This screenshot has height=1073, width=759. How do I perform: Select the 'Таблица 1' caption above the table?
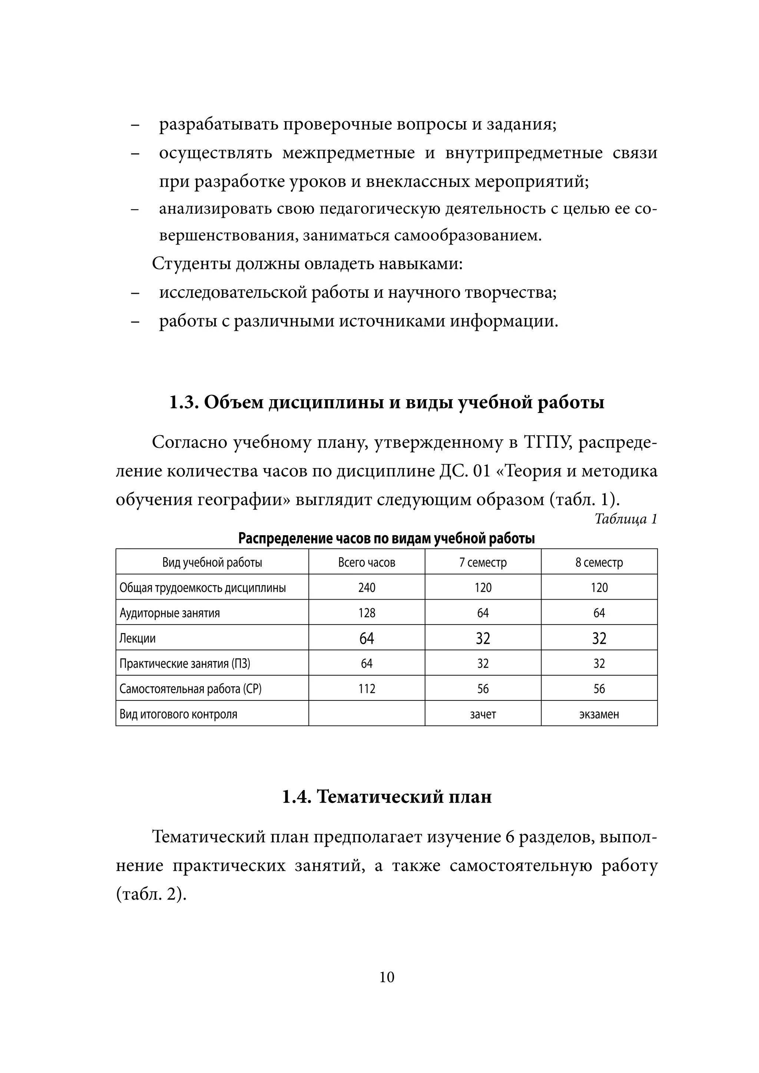(626, 519)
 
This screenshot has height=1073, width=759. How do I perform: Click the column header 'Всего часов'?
(367, 562)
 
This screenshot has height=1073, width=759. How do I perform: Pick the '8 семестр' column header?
(599, 562)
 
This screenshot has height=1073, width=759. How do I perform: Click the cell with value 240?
(367, 587)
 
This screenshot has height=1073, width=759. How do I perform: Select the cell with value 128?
(367, 613)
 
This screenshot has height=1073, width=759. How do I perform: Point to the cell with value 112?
(367, 689)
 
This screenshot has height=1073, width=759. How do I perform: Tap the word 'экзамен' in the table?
(599, 714)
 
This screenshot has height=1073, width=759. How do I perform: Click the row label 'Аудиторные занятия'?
(170, 613)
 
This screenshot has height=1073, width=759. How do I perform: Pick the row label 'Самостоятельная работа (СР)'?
(190, 689)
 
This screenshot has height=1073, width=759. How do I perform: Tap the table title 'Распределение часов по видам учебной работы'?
(386, 539)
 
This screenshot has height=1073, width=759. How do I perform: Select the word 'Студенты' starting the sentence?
(190, 264)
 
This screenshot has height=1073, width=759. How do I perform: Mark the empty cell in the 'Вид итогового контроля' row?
(367, 714)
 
